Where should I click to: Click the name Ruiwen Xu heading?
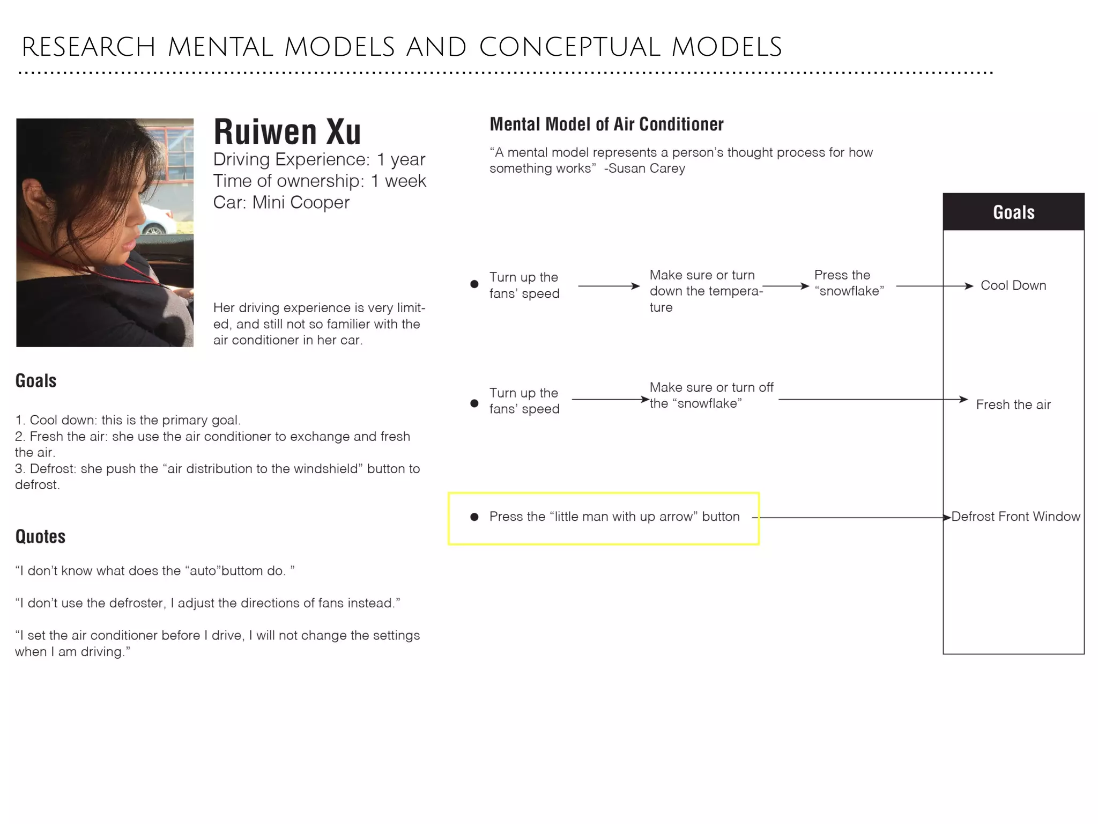point(287,132)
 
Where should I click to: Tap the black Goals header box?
point(1013,212)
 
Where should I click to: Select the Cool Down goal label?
point(1013,285)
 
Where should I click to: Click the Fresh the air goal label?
point(1013,404)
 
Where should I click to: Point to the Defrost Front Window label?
point(1015,517)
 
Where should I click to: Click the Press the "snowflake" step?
point(848,283)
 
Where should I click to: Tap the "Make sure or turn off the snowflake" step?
point(711,395)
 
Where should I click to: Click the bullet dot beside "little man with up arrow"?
point(474,517)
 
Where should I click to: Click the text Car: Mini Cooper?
point(281,203)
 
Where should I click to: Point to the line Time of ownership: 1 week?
point(319,181)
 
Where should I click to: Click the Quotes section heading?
point(40,536)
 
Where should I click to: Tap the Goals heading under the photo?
point(35,381)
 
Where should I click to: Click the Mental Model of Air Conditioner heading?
point(606,124)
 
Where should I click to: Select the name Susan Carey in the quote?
point(647,168)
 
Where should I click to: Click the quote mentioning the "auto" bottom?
point(154,571)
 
